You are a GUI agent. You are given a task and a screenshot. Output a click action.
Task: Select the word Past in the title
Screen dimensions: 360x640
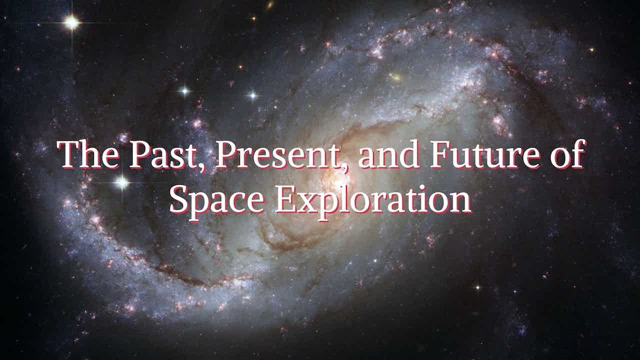[165, 155]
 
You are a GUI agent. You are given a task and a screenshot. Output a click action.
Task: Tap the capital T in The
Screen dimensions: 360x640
[68, 154]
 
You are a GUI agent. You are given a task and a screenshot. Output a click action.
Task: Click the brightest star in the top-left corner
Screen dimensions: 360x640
[71, 22]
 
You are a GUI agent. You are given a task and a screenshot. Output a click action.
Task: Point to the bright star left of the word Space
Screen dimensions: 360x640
[121, 182]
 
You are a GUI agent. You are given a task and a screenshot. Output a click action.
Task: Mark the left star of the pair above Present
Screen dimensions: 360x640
[185, 91]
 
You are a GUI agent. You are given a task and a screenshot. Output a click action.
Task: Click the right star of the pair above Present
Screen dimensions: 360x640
[253, 95]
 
